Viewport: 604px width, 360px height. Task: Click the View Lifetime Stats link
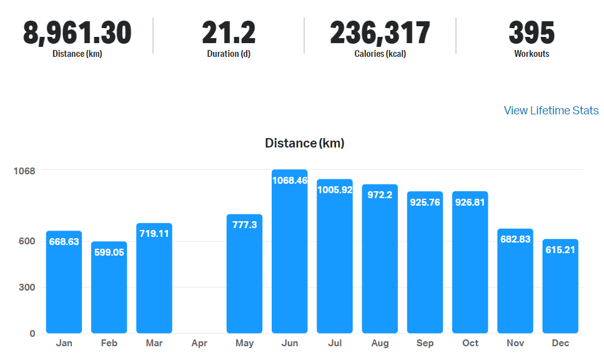[551, 111]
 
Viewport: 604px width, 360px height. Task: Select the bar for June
[289, 262]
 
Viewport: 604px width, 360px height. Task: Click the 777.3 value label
[244, 224]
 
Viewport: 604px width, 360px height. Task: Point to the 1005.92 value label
[335, 189]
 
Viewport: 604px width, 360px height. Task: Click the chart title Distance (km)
[304, 143]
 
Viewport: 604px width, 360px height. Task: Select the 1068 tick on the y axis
[24, 171]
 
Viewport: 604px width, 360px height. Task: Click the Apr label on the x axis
[199, 343]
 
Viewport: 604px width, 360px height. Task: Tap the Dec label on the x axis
[560, 343]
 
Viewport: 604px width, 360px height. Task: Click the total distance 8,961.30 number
[77, 32]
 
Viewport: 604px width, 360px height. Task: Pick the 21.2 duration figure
[229, 32]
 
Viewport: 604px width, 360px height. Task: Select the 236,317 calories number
[380, 32]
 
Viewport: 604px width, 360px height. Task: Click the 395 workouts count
[532, 32]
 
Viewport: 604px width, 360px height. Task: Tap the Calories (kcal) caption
[380, 54]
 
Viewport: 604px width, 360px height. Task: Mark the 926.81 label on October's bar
[470, 202]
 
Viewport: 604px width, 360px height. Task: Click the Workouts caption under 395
[532, 54]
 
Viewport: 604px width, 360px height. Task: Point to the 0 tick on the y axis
[32, 333]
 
